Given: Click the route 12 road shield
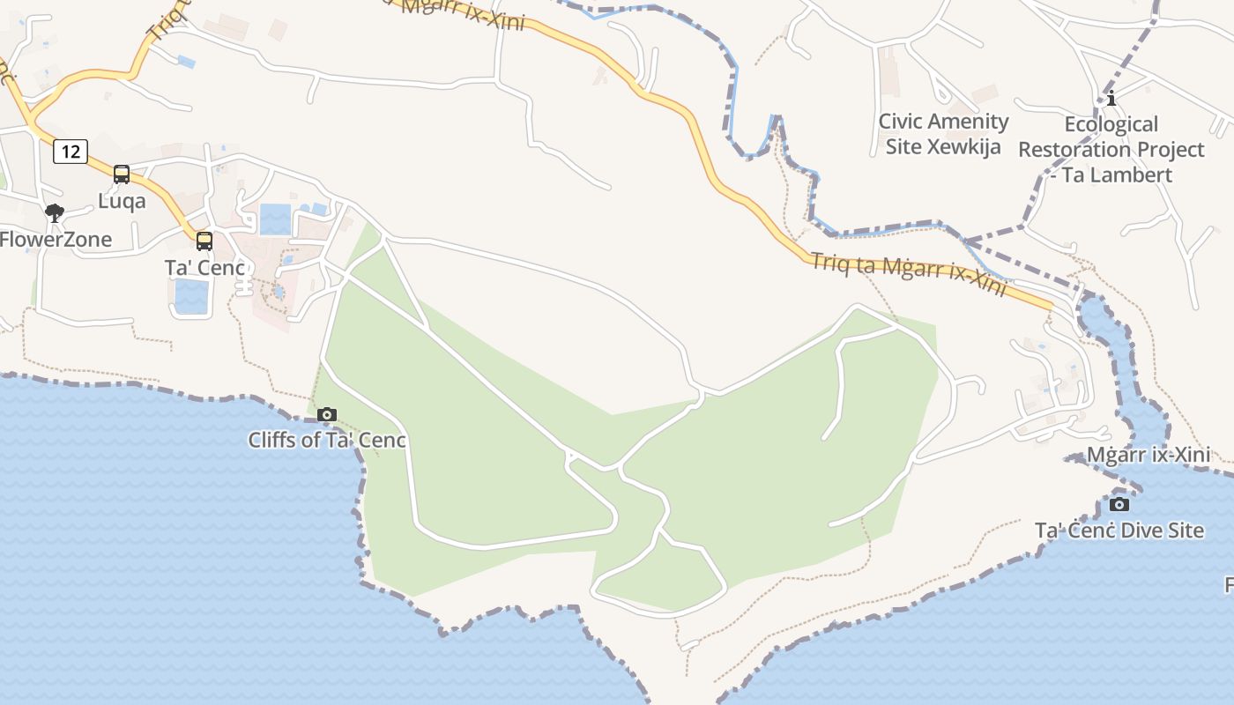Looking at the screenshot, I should pos(71,152).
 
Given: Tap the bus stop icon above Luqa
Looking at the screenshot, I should pos(122,174).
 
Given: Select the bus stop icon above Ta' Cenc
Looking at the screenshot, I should pos(204,241).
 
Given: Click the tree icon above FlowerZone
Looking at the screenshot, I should pos(55,212).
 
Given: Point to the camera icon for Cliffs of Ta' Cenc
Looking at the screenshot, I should pos(327,414).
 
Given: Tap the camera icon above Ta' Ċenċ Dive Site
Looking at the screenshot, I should pos(1119,504).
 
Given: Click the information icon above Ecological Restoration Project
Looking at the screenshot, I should pos(1111,97).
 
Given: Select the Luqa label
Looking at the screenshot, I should pos(122,201).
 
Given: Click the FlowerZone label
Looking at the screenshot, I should pos(56,239).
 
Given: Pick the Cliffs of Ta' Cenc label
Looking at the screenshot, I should pos(327,440).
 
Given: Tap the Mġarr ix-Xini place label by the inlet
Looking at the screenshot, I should pos(1148,456).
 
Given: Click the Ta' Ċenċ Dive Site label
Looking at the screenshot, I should pos(1119,531).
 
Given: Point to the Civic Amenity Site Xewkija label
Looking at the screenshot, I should pos(943,134).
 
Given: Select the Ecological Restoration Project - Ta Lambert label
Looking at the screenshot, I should pos(1111,149).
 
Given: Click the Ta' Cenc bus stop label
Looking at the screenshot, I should pos(204,267).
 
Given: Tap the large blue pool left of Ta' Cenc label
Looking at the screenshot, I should pos(191,297).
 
